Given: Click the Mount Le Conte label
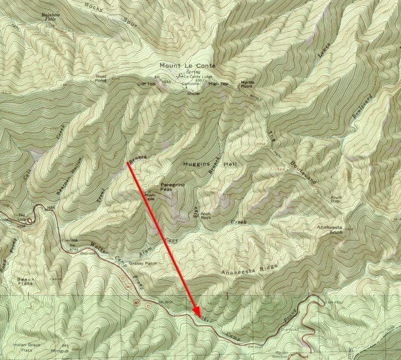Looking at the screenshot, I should (x=187, y=66).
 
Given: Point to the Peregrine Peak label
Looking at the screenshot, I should (x=169, y=186).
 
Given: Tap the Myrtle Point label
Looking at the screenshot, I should (x=247, y=85).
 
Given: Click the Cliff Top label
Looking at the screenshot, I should (x=146, y=83).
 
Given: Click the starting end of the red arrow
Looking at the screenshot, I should (x=127, y=162).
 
